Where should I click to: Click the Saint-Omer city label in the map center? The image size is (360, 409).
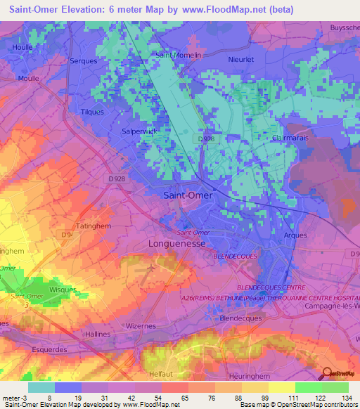click(x=188, y=196)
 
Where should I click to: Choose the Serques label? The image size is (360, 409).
click(x=83, y=61)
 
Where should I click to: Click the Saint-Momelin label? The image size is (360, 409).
click(x=178, y=55)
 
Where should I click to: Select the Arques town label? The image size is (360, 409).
click(x=295, y=235)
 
